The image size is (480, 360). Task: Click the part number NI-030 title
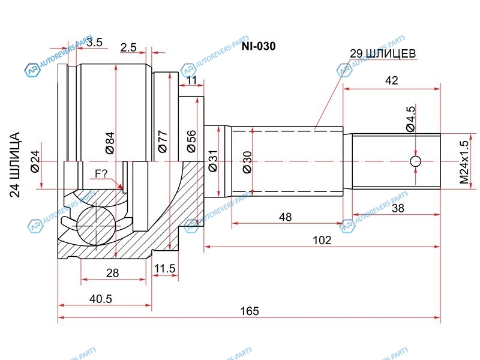click(259, 46)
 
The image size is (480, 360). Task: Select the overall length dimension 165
click(250, 311)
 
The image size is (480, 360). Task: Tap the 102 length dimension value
click(322, 240)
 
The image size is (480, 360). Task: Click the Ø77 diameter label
click(162, 141)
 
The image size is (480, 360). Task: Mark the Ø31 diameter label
click(212, 161)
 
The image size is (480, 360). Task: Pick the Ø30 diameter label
click(247, 161)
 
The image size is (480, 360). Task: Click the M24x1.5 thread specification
click(463, 162)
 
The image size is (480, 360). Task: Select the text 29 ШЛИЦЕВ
click(383, 54)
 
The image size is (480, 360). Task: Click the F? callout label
click(100, 175)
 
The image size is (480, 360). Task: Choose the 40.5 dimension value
click(100, 299)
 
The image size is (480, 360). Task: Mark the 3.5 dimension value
click(94, 42)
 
